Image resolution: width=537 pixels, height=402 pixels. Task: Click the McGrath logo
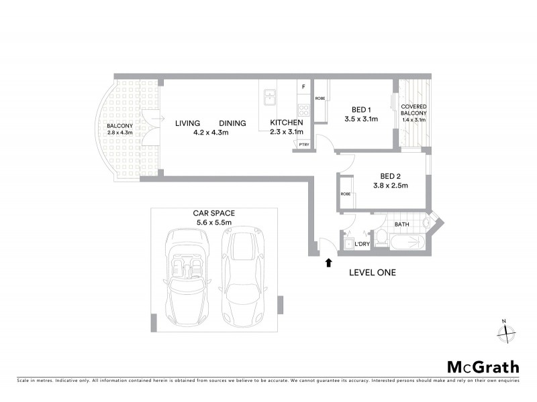pyautogui.click(x=483, y=366)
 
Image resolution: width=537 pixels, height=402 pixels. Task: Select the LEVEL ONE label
pyautogui.click(x=372, y=273)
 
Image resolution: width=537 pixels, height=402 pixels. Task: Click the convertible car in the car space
pyautogui.click(x=185, y=275)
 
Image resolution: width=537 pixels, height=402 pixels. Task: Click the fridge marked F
pyautogui.click(x=303, y=87)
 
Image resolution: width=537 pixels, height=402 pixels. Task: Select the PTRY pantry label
pyautogui.click(x=303, y=144)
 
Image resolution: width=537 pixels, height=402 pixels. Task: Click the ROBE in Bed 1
pyautogui.click(x=320, y=98)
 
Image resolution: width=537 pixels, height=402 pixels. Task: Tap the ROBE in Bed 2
pyautogui.click(x=346, y=194)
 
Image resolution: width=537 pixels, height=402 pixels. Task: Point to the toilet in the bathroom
pyautogui.click(x=380, y=237)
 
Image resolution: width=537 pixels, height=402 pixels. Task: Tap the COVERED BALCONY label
pyautogui.click(x=413, y=113)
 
